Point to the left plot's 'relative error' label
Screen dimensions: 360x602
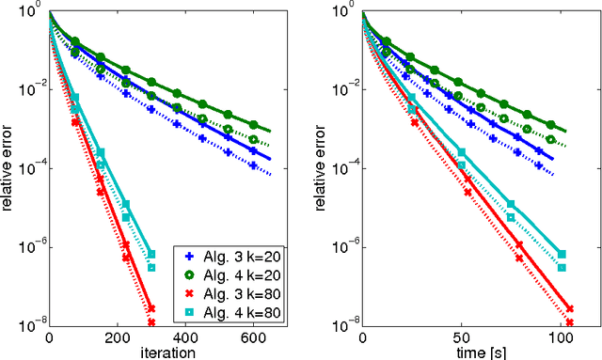click(8, 168)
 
